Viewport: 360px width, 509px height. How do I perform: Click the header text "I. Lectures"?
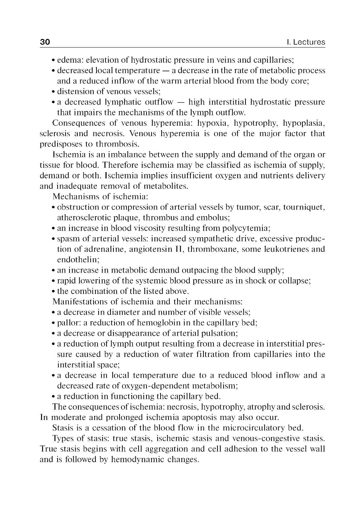[x=306, y=42]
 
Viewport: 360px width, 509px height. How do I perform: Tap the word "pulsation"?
[x=220, y=333]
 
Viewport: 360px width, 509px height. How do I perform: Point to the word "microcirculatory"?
[x=253, y=428]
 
